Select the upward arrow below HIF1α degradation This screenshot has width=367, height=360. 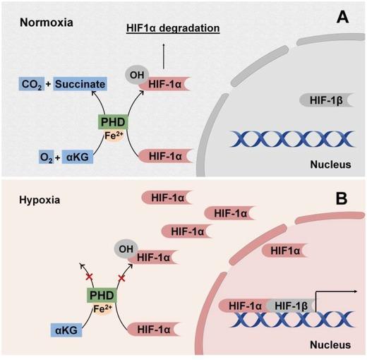(164, 51)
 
